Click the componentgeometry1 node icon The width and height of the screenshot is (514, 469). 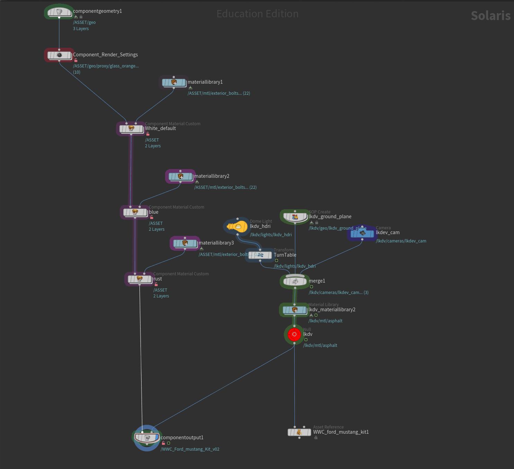click(59, 12)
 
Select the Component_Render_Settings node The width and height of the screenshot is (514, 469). click(59, 55)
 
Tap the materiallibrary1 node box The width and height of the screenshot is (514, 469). click(174, 82)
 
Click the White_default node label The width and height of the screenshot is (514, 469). click(160, 128)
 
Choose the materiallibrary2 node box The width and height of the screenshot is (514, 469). click(180, 176)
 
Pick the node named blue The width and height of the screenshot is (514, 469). click(135, 212)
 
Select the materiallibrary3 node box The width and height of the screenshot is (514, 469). click(185, 243)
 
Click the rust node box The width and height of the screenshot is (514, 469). click(139, 279)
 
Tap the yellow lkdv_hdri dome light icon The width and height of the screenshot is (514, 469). click(237, 227)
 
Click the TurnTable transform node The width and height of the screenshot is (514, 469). click(260, 255)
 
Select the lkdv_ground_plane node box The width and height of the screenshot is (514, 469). click(295, 217)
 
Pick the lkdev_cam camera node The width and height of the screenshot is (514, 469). click(362, 233)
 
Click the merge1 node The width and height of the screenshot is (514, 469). click(295, 281)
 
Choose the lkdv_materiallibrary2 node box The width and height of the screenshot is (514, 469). click(295, 310)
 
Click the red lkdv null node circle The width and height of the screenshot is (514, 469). click(294, 334)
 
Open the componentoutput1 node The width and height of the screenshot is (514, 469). click(147, 438)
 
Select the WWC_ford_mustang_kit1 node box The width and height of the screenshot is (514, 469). click(299, 432)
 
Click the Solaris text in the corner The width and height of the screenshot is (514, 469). click(490, 16)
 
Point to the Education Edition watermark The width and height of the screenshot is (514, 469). click(258, 14)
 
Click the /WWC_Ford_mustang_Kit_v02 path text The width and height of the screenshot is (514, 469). click(190, 449)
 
